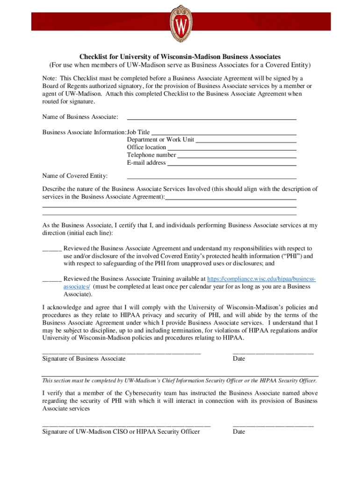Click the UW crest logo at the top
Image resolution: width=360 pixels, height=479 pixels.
pos(180,23)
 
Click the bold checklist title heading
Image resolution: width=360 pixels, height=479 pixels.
pos(180,57)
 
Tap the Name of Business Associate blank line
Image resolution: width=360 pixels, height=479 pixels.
pos(212,118)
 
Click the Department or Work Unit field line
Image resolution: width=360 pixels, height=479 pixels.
pos(246,141)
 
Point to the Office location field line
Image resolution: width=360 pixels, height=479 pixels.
pos(232,149)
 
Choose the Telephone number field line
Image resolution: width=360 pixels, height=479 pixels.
pos(237,157)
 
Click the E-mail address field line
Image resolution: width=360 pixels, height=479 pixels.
pos(232,164)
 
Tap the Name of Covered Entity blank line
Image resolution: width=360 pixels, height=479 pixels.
pos(212,178)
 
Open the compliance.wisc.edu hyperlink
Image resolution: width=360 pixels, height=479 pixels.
pos(261,278)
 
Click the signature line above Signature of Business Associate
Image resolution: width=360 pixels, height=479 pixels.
pos(122,352)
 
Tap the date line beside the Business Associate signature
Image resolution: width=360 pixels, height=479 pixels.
pos(273,352)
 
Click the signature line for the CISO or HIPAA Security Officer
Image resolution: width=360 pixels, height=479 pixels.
pos(126,425)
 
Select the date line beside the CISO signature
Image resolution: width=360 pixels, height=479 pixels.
pos(273,425)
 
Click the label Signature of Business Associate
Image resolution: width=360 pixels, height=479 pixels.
pos(84,359)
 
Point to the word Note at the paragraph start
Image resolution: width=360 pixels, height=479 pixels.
pos(50,78)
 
